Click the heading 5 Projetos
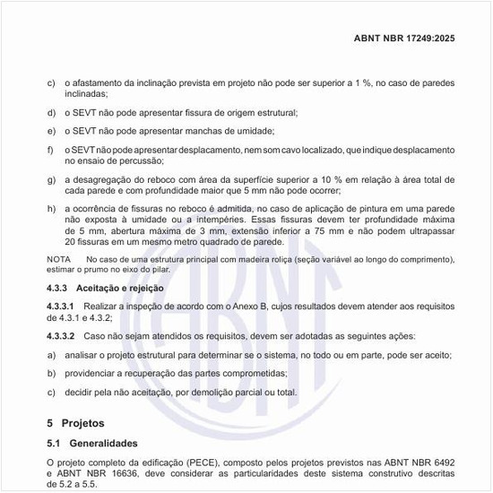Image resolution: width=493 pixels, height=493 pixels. click(76, 421)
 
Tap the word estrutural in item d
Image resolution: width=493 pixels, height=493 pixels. click(272, 113)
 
